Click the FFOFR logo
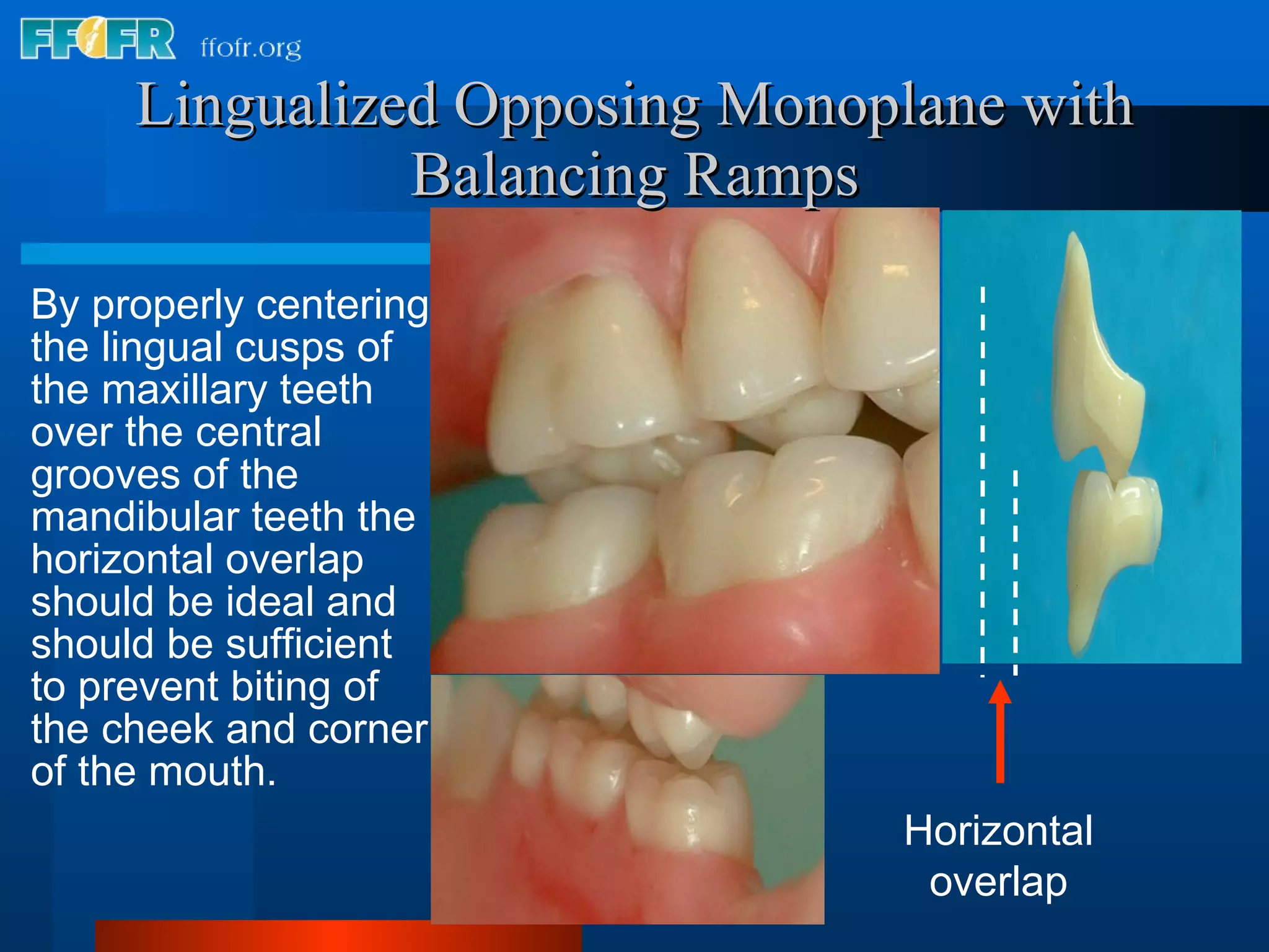[x=97, y=38]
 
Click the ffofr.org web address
[x=251, y=48]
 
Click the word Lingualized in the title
[x=288, y=106]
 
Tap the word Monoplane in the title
[x=861, y=106]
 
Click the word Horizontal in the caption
[x=998, y=831]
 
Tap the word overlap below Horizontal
[x=998, y=881]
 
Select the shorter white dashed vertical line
[x=1015, y=570]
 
